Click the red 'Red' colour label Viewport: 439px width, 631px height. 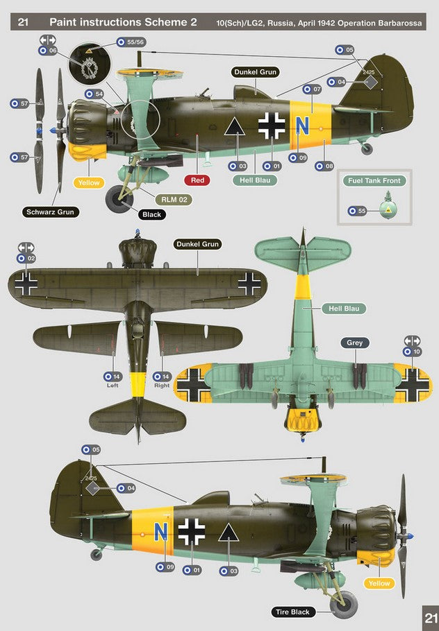point(197,180)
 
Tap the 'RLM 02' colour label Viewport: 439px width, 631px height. point(174,200)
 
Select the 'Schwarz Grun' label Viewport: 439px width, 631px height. point(51,212)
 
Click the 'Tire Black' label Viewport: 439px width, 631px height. point(292,612)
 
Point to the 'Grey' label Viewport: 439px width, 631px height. point(355,343)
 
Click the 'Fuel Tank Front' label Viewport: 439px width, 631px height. point(374,181)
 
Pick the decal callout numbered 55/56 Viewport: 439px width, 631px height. point(131,42)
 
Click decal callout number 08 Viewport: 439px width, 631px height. point(324,166)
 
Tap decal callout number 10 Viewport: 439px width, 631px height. point(412,352)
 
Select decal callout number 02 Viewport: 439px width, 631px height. point(26,259)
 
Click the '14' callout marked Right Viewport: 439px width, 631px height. point(162,377)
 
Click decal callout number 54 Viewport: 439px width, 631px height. point(94,94)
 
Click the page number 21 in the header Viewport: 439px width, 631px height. point(23,21)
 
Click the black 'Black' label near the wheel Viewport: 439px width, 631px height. point(151,214)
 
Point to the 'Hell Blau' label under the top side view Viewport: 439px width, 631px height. point(255,180)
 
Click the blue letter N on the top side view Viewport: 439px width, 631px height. point(301,126)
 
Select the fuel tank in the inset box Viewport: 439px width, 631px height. point(388,207)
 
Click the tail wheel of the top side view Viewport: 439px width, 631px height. point(367,149)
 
